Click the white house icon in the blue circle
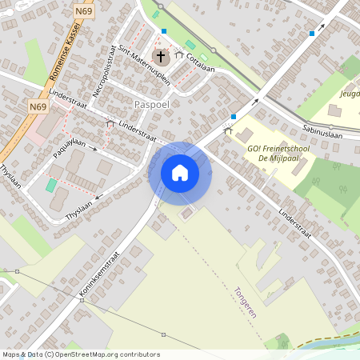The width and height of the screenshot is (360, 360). click(x=180, y=173)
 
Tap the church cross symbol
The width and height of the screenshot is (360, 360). click(x=161, y=56)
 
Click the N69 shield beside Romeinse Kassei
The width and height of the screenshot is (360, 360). click(x=37, y=106)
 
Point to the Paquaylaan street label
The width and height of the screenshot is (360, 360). click(x=69, y=144)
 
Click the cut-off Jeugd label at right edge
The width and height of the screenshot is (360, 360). click(x=350, y=93)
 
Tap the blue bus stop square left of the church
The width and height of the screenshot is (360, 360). click(x=164, y=31)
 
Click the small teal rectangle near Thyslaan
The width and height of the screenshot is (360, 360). click(x=51, y=185)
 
